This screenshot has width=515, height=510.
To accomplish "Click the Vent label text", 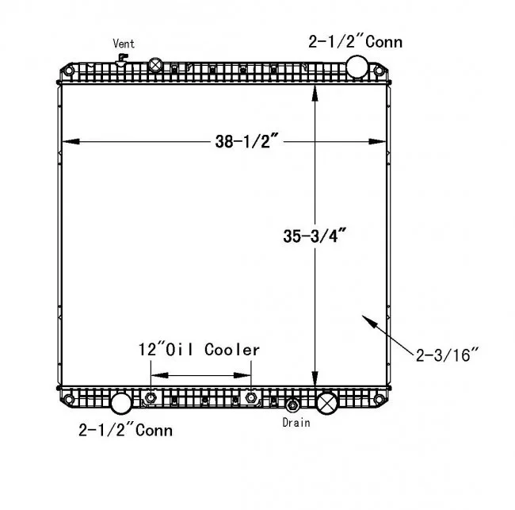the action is click(124, 44).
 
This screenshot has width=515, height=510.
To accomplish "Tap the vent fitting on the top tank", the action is click(121, 59).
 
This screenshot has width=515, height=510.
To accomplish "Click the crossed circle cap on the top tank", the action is click(155, 65).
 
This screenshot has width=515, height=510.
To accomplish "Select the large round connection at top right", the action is click(357, 67).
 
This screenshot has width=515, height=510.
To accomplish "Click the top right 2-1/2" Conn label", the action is click(356, 42).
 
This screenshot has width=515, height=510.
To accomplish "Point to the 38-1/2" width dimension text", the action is click(247, 141).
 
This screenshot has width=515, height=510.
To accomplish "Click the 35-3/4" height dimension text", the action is click(315, 236).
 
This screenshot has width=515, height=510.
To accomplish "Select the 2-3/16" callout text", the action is click(447, 355).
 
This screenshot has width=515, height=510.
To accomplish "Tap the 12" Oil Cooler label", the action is click(199, 350).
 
